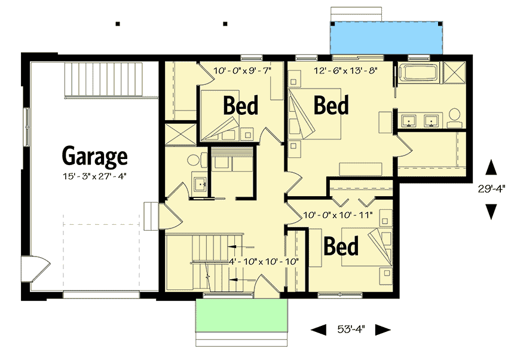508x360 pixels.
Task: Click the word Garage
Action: pos(95,156)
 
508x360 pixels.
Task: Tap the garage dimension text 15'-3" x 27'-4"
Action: pos(95,175)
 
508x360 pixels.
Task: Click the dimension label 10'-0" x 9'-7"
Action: pos(242,70)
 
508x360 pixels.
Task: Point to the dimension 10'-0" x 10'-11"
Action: pos(338,214)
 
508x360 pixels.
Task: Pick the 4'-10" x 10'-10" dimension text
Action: pos(263,261)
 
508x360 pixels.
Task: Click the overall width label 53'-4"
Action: pos(351,329)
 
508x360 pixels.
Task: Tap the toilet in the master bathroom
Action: pos(455,117)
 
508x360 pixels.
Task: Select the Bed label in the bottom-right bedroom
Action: pos(341,246)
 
